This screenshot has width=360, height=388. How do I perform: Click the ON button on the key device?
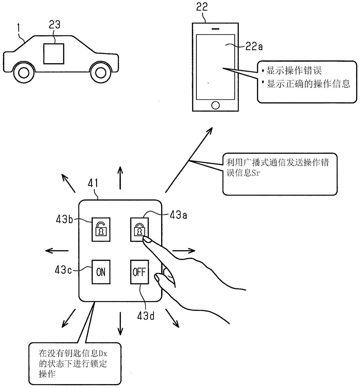pyautogui.click(x=101, y=272)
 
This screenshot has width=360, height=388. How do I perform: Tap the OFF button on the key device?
pyautogui.click(x=139, y=272)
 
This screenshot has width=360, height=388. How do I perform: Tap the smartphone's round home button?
pyautogui.click(x=215, y=105)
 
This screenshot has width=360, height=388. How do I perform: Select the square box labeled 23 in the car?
pyautogui.click(x=53, y=54)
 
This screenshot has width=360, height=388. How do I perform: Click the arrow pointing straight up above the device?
pyautogui.click(x=121, y=178)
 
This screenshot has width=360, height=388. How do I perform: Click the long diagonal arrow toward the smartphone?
pyautogui.click(x=189, y=160)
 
